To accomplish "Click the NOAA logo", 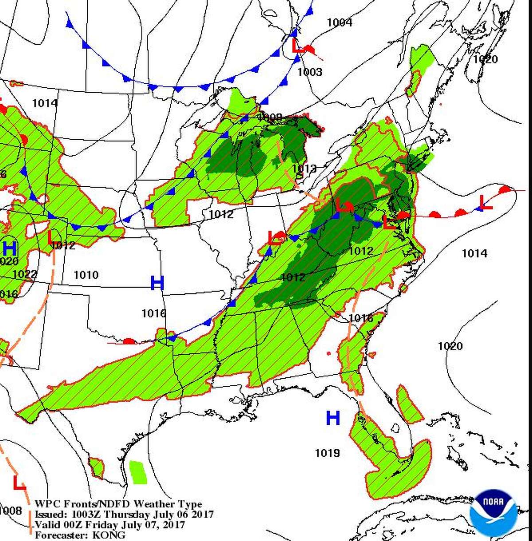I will pos(493,513).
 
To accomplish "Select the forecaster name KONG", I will pos(109,535).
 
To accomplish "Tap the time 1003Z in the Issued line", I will pos(86,514).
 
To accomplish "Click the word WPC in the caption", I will pos(45,504).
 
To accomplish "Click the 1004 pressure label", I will pos(339,22).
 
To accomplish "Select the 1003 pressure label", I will pos(309,72).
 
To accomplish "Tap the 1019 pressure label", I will pos(327,453).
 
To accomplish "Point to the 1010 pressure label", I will pos(86,275).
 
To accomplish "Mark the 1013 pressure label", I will pos(304,169).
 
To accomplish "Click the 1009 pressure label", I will pos(270,117).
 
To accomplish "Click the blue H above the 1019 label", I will pos(333,418).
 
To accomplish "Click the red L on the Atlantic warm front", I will pos(486,203).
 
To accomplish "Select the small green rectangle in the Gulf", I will pos(138,472).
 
